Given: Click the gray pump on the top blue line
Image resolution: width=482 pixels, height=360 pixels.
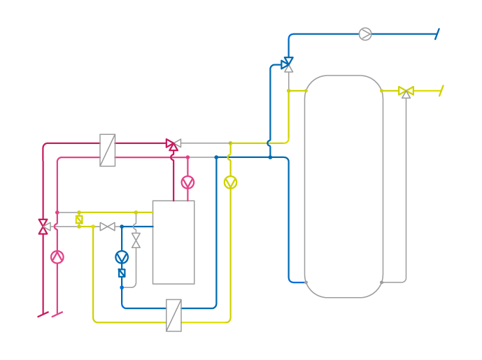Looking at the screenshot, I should coord(365,34).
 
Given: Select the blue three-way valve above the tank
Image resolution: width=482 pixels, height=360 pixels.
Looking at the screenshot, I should coord(288,64).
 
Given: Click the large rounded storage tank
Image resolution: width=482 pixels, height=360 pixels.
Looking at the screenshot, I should coord(343,186).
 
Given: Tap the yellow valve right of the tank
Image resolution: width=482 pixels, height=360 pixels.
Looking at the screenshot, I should coord(406,91).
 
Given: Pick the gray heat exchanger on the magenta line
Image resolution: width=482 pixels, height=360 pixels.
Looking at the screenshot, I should coord(107,150).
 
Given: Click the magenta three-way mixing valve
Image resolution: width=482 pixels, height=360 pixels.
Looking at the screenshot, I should coord(173,144).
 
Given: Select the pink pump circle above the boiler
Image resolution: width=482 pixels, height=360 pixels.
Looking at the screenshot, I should coord(187,182).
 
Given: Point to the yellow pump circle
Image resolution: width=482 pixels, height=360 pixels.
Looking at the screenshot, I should coord(230,182).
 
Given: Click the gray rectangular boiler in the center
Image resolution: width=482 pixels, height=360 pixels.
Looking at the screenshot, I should coord(173,242).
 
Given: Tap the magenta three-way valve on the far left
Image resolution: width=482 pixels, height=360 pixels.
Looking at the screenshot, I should coord(43,226).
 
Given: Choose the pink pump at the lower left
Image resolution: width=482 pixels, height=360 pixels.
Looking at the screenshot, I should coord(57,257).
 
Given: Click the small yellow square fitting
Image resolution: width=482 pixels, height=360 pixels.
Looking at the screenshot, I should coord(79,219).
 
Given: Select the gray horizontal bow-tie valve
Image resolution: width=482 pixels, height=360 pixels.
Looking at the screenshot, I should coord(107,226).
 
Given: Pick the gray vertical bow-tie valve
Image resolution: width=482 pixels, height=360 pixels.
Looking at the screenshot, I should coord(136,240).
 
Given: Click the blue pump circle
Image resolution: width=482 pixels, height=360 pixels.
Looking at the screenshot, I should coord(122,257).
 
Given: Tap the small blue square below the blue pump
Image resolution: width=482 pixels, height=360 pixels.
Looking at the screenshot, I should coord(122,273).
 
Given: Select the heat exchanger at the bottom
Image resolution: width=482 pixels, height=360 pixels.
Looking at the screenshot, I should coord(173,315).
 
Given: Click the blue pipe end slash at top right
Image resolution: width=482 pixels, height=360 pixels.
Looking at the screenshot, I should coord(437,34).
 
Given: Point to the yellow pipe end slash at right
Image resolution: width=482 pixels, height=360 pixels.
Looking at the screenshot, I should coord(441,91).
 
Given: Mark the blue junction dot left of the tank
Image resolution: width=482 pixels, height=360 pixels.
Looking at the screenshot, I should coord(270,157).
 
